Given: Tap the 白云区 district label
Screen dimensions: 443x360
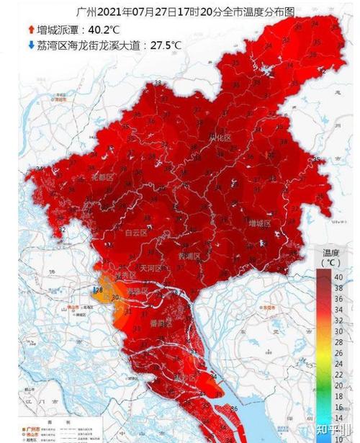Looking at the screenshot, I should [136, 232].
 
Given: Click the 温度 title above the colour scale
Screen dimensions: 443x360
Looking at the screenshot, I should [331, 253].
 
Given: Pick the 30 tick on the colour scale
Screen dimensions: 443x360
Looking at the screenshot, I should [338, 329].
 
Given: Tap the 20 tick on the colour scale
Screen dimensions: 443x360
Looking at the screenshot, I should [338, 385].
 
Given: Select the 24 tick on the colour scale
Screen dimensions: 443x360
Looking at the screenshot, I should [338, 363].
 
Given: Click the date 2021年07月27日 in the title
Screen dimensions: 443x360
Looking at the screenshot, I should [133, 12].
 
